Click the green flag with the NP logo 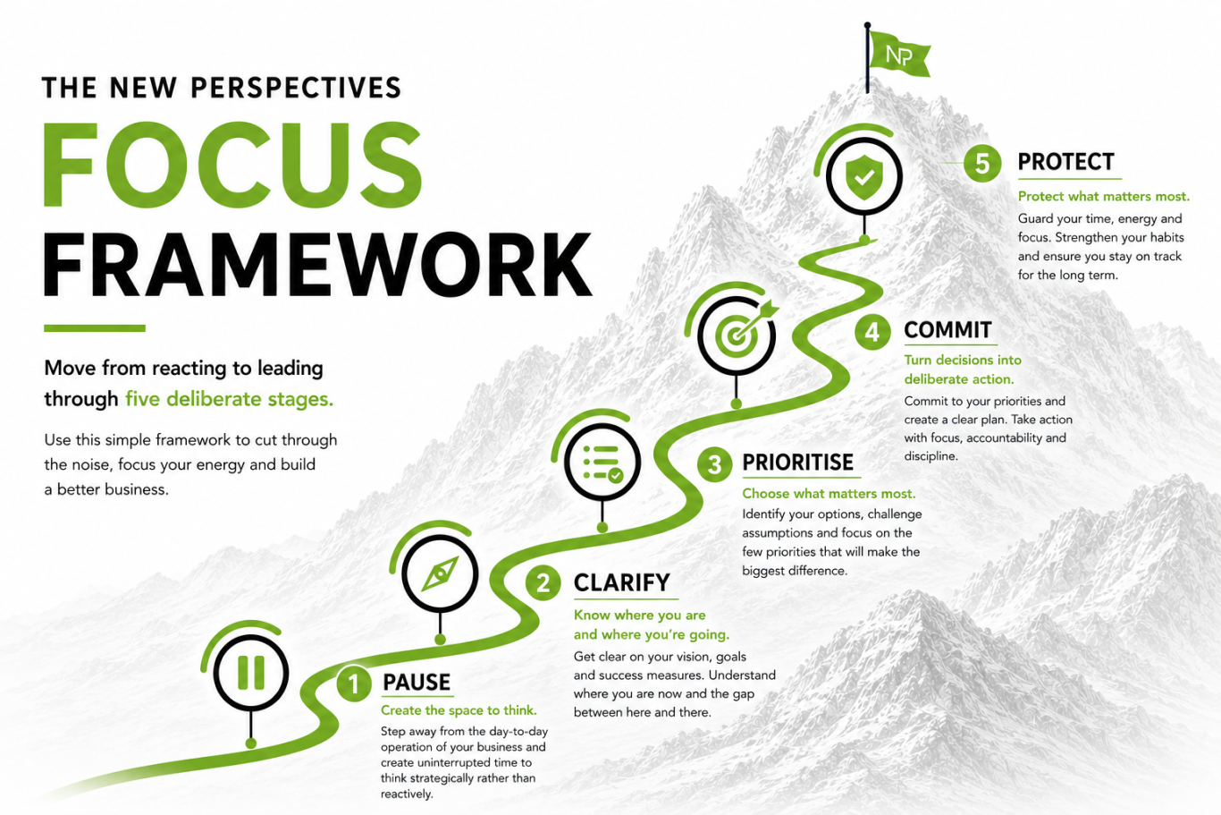(x=899, y=54)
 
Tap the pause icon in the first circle (x=251, y=673)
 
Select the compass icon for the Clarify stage (x=440, y=573)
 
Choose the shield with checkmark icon (x=864, y=176)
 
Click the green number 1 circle (x=354, y=683)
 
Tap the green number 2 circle (x=543, y=582)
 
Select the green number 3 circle (x=714, y=465)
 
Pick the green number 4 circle (x=872, y=332)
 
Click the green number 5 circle (x=982, y=163)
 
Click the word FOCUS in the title (x=232, y=165)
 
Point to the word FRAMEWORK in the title (x=318, y=265)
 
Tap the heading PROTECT (x=1066, y=162)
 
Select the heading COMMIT (x=947, y=330)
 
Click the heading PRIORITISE (x=798, y=463)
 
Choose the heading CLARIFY (x=622, y=582)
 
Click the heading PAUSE (x=417, y=683)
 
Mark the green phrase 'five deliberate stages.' (x=230, y=399)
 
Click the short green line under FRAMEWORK (x=95, y=327)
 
